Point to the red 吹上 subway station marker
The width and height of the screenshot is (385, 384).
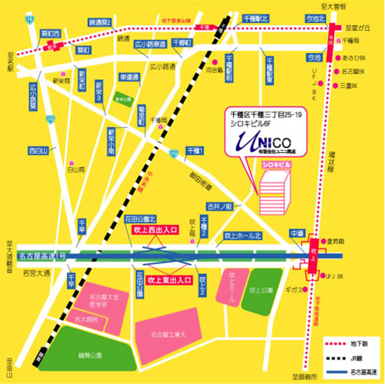point(312,256)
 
